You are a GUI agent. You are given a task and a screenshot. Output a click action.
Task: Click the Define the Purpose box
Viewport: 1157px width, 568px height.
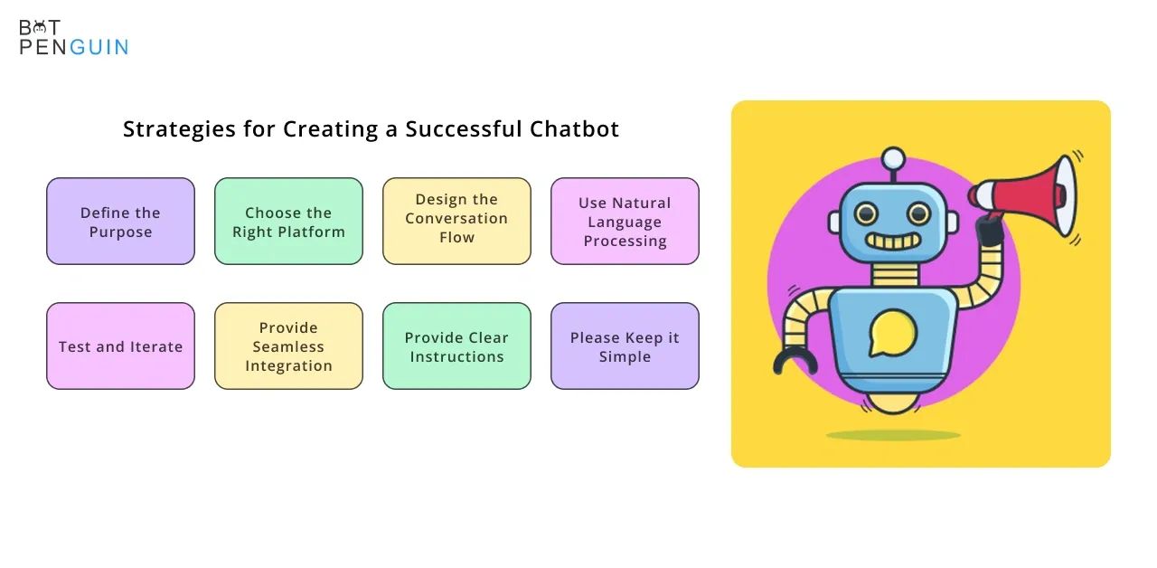tap(120, 222)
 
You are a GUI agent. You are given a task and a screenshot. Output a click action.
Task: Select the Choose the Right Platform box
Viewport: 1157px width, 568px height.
tap(288, 222)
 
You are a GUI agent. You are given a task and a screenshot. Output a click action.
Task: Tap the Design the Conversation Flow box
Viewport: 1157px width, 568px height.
tap(456, 222)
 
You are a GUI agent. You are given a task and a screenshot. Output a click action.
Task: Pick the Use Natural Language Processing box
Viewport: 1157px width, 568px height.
tap(625, 222)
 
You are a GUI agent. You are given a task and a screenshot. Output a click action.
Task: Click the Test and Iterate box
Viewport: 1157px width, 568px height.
tap(120, 346)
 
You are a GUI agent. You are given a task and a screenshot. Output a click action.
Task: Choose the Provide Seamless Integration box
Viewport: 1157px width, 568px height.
tap(288, 346)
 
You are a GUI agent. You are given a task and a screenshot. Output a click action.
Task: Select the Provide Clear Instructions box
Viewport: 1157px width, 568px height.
tap(456, 346)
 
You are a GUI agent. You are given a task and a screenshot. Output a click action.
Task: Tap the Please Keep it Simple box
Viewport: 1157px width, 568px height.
tap(625, 346)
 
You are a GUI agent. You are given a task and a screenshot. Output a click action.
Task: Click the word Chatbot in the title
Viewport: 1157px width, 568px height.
tap(574, 128)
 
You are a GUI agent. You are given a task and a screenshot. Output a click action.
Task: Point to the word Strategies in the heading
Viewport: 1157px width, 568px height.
tap(179, 129)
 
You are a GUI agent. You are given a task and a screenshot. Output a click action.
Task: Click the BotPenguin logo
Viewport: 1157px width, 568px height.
tap(74, 37)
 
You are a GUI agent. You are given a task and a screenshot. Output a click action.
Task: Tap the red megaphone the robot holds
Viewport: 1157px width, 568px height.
tap(1025, 196)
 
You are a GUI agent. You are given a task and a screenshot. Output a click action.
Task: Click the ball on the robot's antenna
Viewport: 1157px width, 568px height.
tap(893, 158)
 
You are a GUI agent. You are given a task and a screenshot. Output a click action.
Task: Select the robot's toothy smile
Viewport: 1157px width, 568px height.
tap(893, 241)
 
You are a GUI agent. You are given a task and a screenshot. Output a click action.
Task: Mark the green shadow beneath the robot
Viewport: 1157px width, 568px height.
tap(893, 435)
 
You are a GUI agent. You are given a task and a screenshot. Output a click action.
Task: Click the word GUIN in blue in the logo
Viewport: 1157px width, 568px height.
tap(99, 47)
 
